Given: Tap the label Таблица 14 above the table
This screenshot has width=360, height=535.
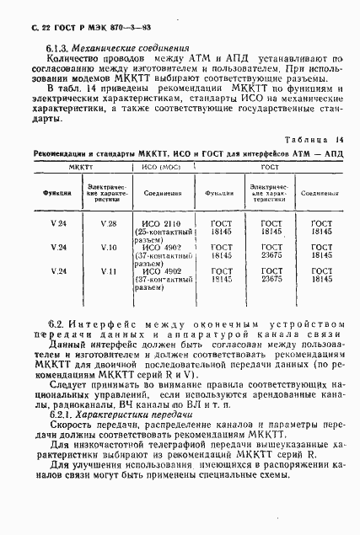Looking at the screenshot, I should [316, 139].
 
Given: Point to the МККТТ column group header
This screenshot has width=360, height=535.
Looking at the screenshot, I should [80, 169].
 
